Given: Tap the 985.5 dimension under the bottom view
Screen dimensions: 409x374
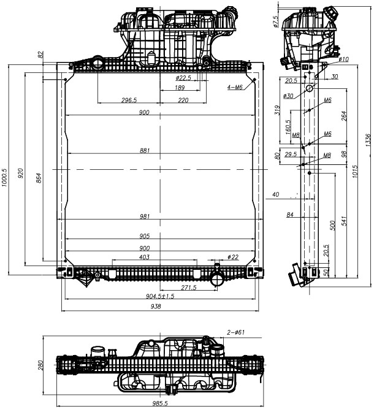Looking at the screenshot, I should click(160, 403).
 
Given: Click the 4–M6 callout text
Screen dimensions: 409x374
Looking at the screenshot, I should click(235, 87).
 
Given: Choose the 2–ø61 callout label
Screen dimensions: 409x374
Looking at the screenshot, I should click(236, 332).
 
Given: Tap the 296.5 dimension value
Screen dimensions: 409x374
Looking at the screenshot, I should click(129, 100).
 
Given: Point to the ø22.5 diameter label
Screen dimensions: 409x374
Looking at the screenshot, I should click(183, 78).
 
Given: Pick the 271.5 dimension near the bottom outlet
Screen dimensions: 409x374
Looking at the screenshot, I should click(188, 287).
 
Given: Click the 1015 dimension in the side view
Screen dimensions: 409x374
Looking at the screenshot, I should click(355, 174).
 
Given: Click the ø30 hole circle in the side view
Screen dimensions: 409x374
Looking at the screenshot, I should click(310, 88).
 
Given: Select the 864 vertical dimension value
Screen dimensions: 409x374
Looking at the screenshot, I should click(39, 178).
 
